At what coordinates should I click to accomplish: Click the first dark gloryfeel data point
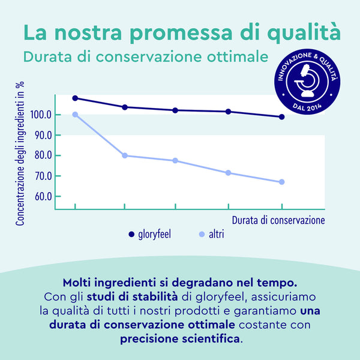(x=75, y=98)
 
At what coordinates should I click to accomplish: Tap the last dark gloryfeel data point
(x=281, y=117)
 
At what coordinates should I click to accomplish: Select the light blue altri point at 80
(x=125, y=155)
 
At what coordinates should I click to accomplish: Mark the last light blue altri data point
(x=281, y=182)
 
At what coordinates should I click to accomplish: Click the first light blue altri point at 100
(x=75, y=115)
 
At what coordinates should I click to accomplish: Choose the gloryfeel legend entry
(x=149, y=234)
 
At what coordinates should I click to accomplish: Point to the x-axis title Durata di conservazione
(x=278, y=220)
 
